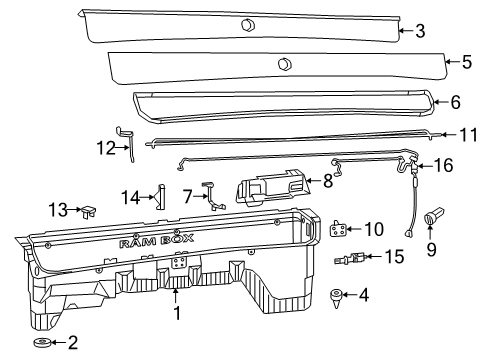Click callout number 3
420,31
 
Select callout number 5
467,61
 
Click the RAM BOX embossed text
148,244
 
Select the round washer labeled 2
43,344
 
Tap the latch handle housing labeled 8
271,187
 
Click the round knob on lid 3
248,24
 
